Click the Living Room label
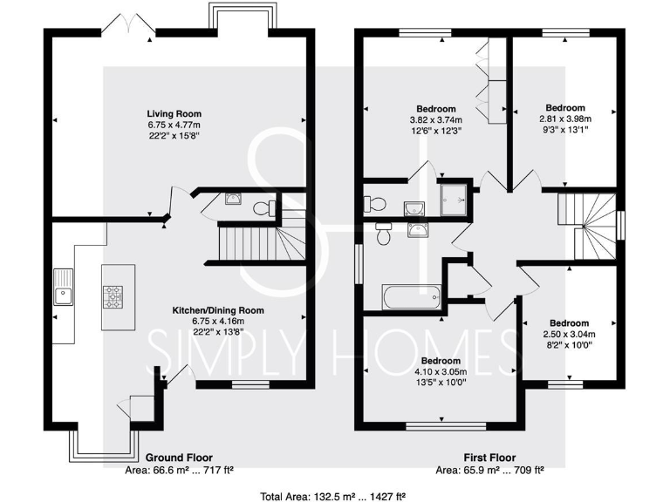click(x=174, y=113)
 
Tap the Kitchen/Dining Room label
click(x=217, y=309)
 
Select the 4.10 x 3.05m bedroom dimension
click(x=441, y=371)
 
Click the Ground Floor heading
click(x=178, y=458)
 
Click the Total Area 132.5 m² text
click(x=334, y=496)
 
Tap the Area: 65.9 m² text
click(x=489, y=470)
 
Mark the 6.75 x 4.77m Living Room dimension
click(x=174, y=125)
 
